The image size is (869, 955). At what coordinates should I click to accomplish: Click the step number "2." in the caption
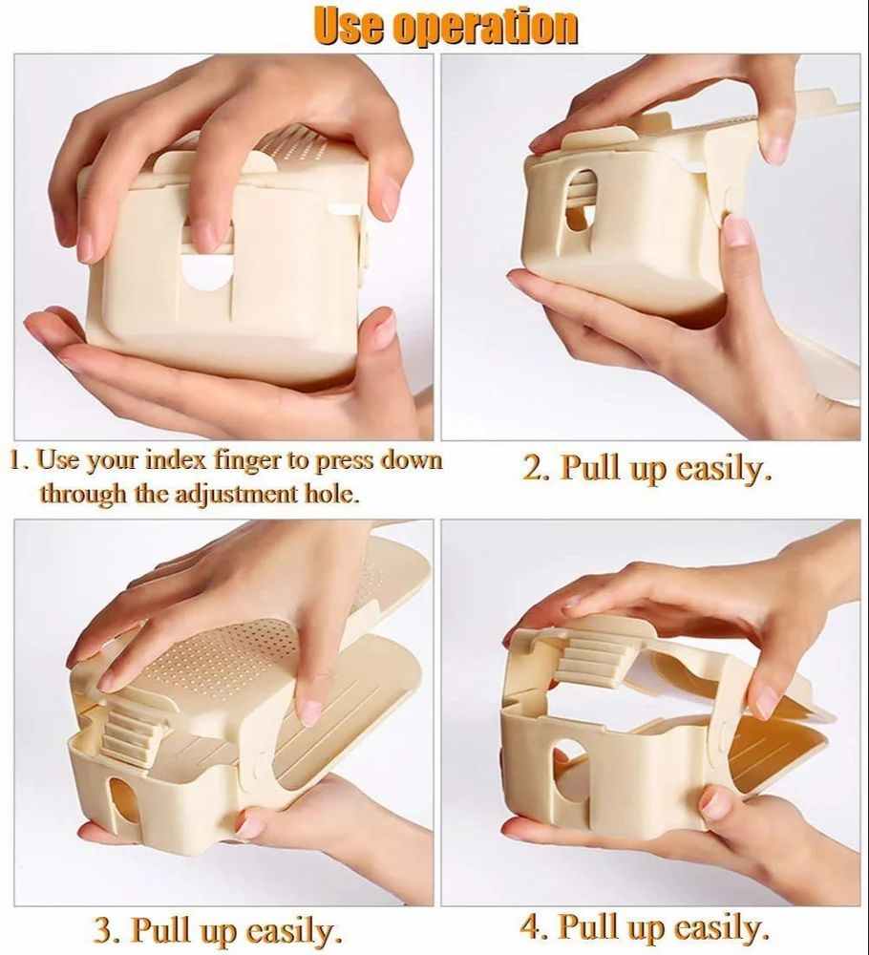tap(536, 469)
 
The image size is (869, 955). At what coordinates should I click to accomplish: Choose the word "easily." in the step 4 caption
tap(722, 925)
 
